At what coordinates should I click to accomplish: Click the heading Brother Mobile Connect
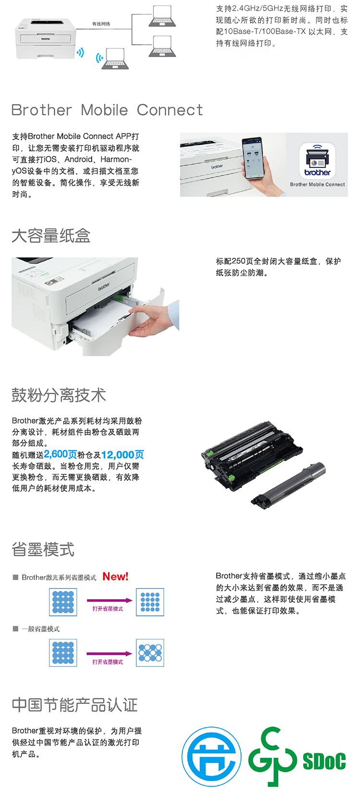[x=107, y=110]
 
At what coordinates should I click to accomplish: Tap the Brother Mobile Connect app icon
[x=317, y=160]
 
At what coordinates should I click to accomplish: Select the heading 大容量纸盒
[x=51, y=236]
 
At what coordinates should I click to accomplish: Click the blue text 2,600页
[x=60, y=454]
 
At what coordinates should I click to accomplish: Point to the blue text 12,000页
[x=122, y=455]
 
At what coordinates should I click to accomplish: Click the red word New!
[x=116, y=577]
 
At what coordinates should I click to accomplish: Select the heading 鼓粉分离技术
[x=59, y=395]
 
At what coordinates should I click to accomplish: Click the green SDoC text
[x=324, y=761]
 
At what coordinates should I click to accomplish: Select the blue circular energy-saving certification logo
[x=211, y=757]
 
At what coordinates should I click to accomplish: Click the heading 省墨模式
[x=43, y=549]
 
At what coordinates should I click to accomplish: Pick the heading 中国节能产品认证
[x=75, y=705]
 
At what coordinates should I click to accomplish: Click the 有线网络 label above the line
[x=101, y=24]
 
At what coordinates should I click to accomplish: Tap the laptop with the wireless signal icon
[x=114, y=59]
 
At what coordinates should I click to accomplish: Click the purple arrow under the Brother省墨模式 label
[x=109, y=600]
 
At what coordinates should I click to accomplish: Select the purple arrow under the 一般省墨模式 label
[x=109, y=653]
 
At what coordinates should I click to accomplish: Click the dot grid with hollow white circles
[x=150, y=652]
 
